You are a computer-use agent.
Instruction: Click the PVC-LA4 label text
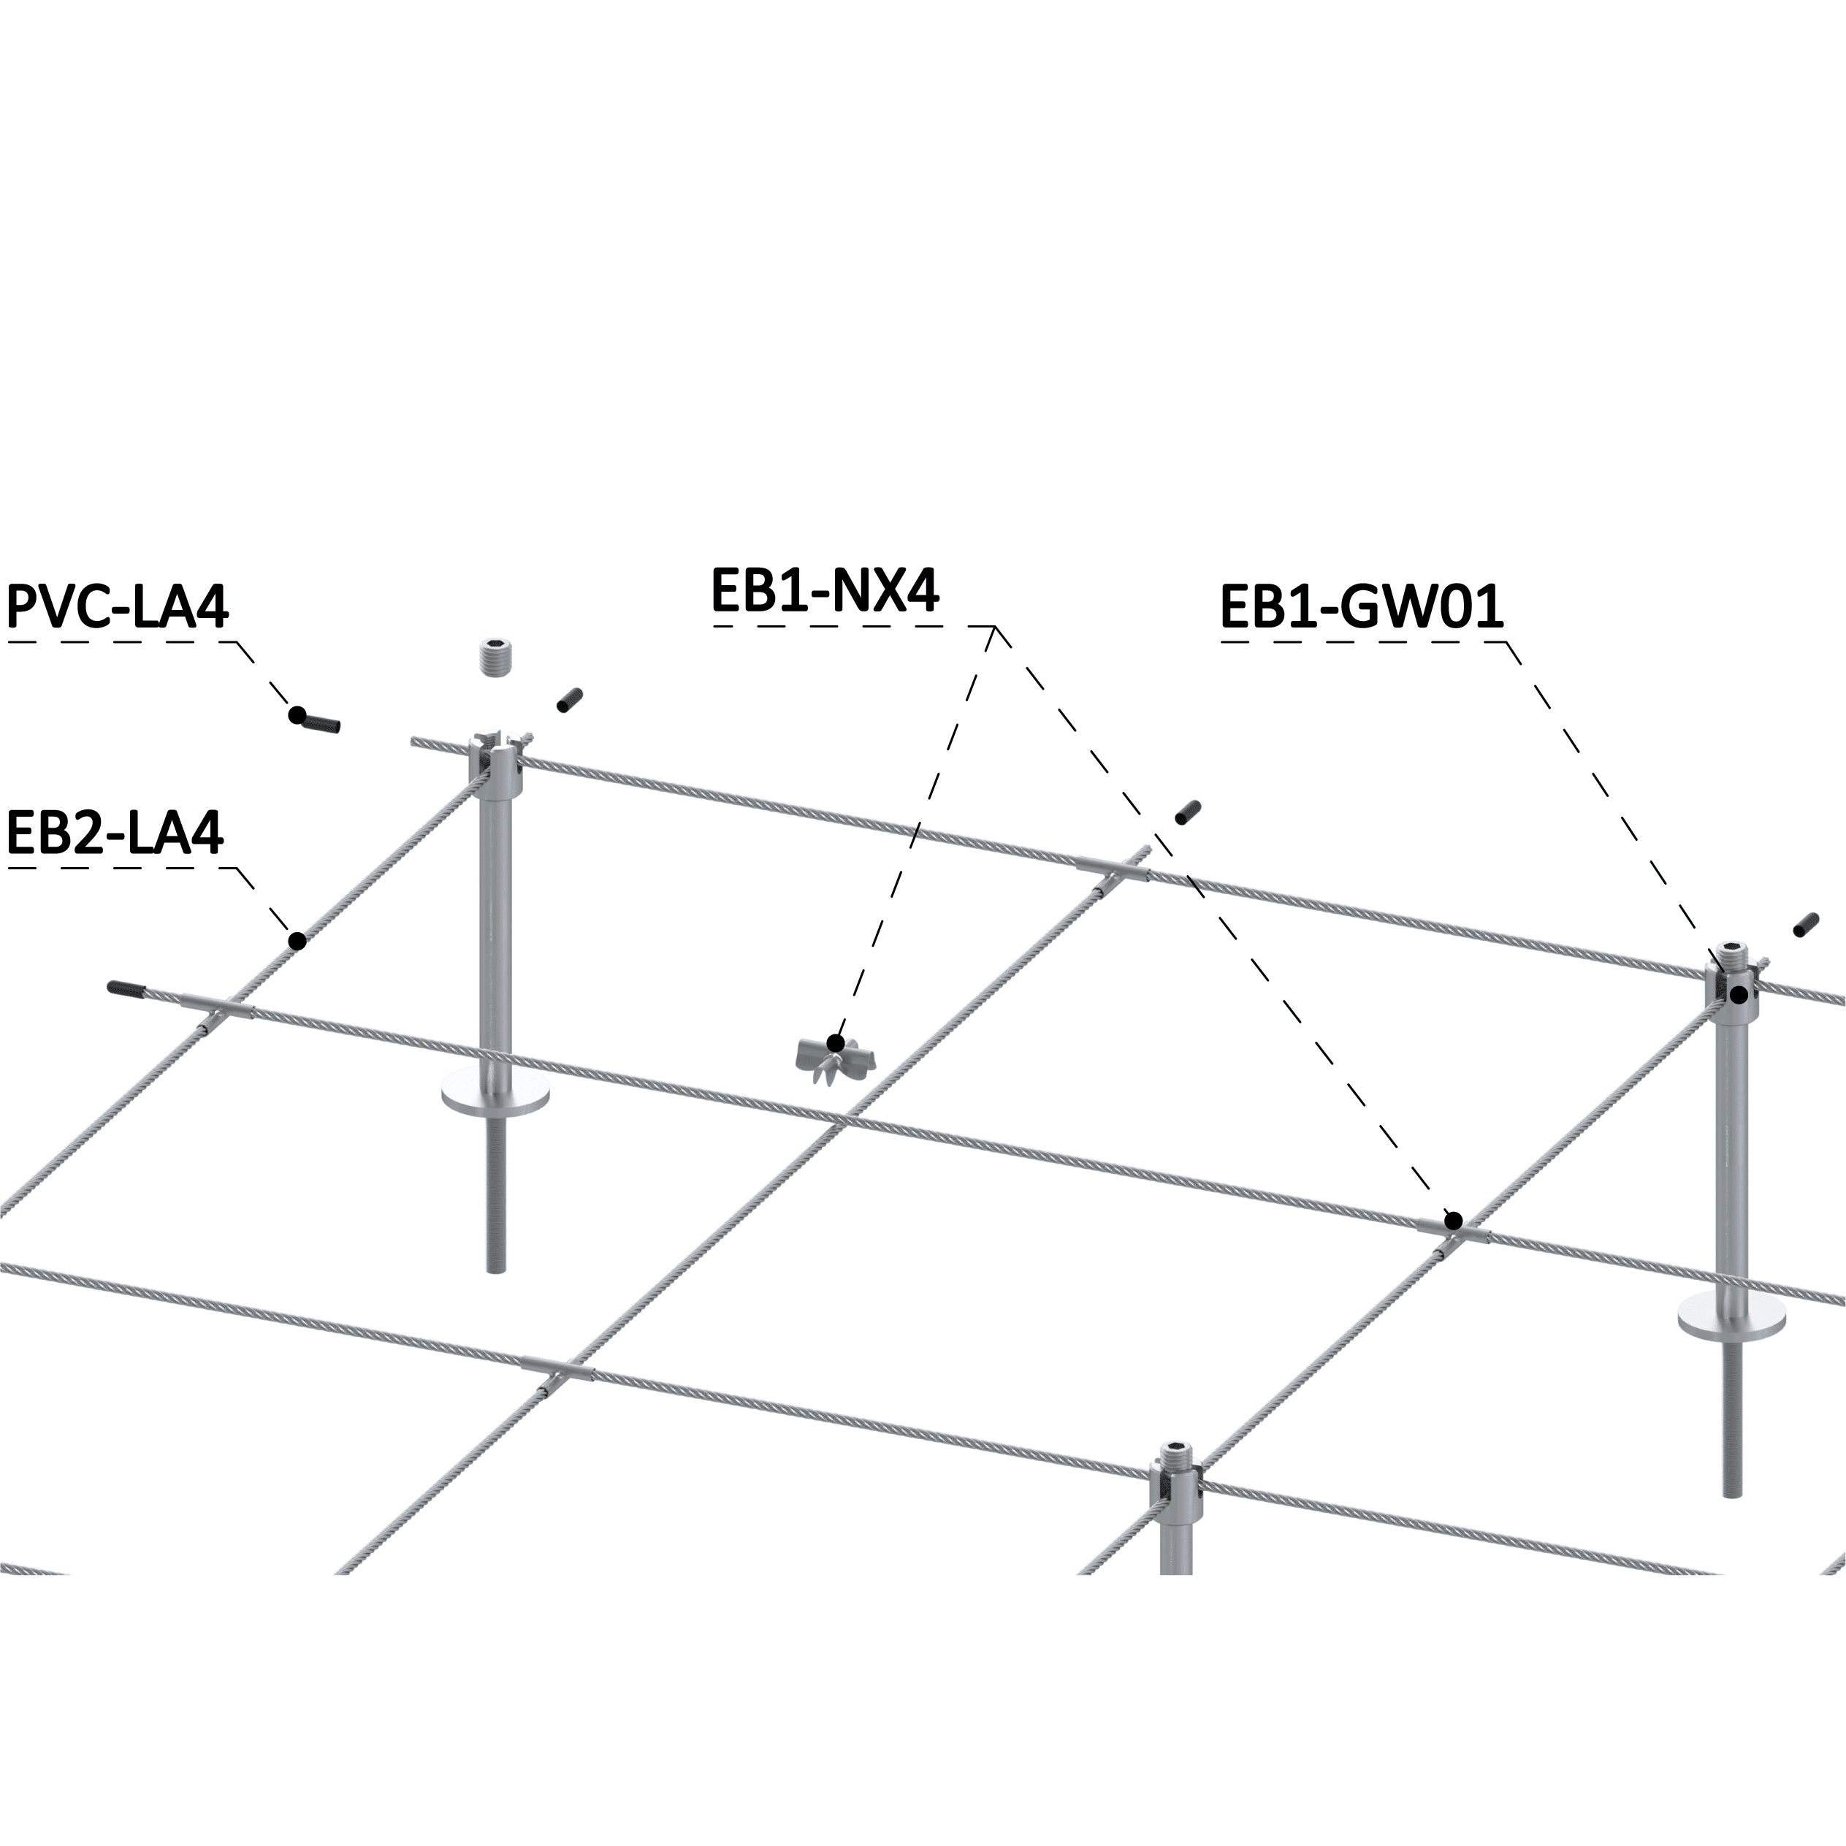click(x=118, y=608)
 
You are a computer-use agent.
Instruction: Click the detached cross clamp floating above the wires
click(x=834, y=1058)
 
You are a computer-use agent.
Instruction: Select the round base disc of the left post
click(x=496, y=1096)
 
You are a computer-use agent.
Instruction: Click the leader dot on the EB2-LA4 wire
click(x=297, y=941)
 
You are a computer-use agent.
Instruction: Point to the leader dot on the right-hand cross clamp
click(x=1453, y=1220)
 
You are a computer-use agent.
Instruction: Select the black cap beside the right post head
click(x=1805, y=925)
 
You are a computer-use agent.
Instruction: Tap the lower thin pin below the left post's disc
click(x=496, y=1194)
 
